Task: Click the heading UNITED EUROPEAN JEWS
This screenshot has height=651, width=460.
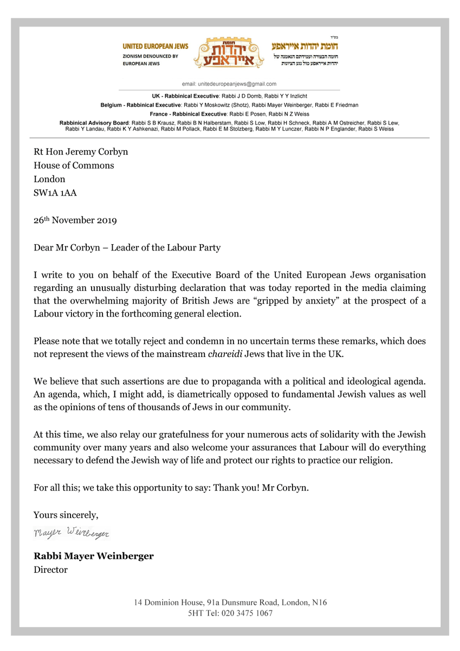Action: tap(156, 47)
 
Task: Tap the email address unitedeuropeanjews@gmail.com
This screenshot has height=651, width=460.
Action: tap(237, 84)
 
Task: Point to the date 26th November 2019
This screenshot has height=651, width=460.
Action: tap(75, 221)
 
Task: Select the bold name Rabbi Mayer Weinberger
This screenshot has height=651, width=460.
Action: tap(93, 557)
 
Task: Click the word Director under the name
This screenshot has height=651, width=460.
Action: tap(50, 570)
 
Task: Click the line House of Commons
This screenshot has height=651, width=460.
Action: tap(74, 165)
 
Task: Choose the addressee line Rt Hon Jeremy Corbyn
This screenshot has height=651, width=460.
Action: tap(81, 152)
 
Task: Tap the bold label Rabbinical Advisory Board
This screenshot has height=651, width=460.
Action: tap(93, 123)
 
